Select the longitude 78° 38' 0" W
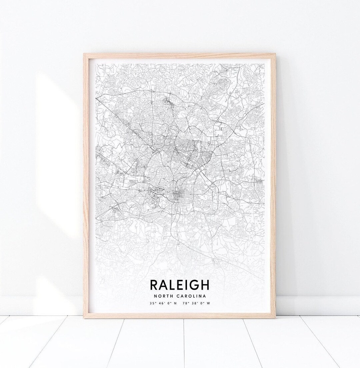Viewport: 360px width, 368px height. pos(199,303)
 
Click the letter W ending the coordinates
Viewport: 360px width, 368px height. pos(209,303)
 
